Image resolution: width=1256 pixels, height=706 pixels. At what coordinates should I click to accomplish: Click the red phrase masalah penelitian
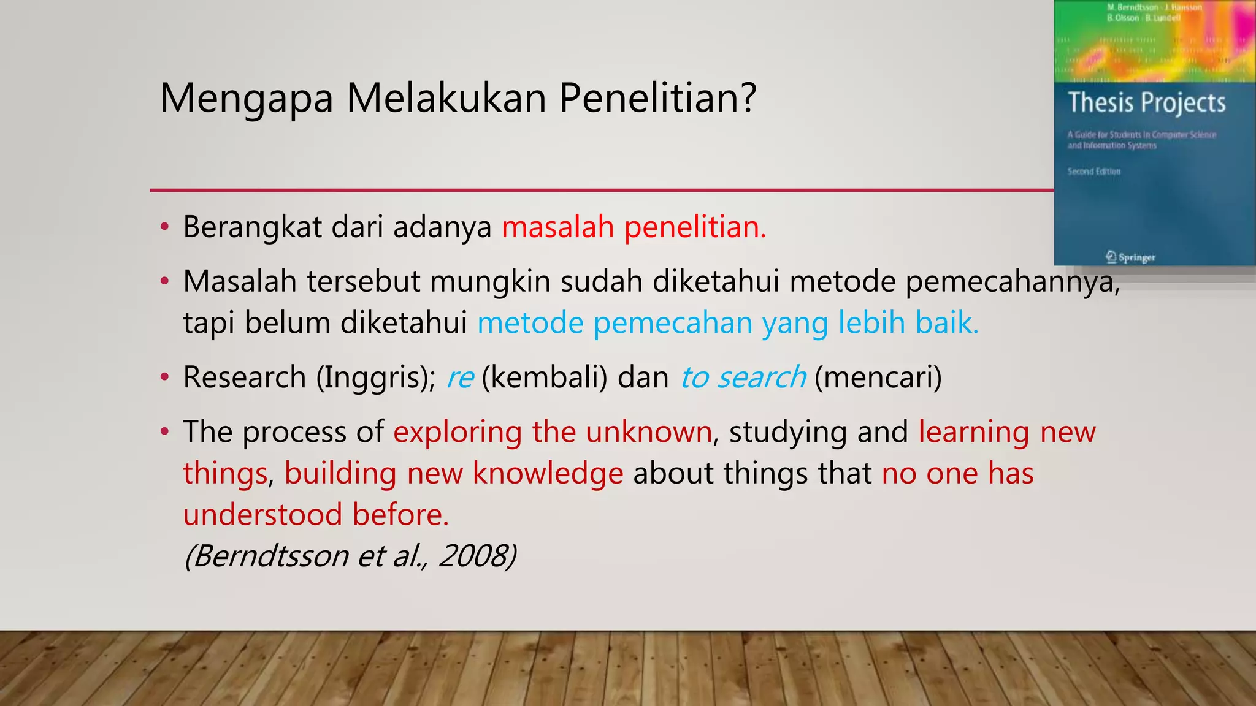[634, 227]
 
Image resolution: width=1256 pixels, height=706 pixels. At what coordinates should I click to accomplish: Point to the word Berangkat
[252, 227]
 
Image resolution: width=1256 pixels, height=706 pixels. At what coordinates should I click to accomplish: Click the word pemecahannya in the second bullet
[1012, 283]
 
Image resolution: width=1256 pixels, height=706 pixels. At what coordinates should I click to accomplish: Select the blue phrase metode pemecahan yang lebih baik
[727, 323]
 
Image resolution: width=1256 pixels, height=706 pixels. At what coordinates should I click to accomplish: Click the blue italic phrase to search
[743, 378]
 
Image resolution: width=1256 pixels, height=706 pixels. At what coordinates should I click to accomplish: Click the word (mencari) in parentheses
[878, 378]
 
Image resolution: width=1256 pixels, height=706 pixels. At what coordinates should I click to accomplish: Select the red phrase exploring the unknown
[552, 432]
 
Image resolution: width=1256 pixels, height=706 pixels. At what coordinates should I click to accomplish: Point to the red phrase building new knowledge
[453, 474]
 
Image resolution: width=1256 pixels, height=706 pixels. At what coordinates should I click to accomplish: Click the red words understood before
[316, 515]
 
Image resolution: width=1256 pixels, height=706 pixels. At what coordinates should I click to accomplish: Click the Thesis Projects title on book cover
[1146, 102]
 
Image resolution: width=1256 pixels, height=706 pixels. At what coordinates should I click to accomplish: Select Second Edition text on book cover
[1093, 172]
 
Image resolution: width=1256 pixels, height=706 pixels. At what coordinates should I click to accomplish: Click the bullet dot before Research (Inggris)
[164, 378]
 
